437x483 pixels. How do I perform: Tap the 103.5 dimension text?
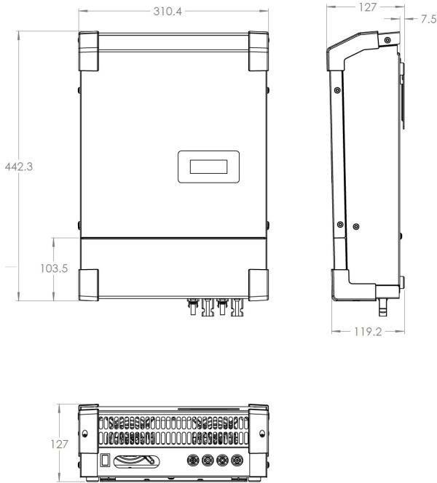click(54, 268)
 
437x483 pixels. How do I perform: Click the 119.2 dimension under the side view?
click(367, 330)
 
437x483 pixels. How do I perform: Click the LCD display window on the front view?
click(208, 167)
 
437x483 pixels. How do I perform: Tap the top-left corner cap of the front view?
click(89, 51)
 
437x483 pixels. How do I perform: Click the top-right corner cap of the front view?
click(259, 51)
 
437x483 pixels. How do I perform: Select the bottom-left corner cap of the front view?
click(89, 284)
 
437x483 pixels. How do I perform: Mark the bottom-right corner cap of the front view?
click(259, 284)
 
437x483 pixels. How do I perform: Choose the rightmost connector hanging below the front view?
click(237, 307)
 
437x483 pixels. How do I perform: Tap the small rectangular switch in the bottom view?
click(106, 460)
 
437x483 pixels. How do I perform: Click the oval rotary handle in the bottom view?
click(136, 461)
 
